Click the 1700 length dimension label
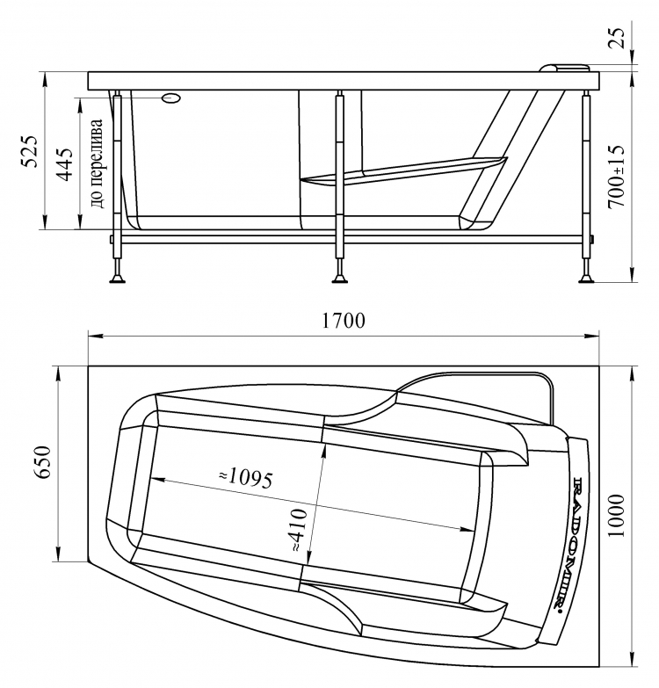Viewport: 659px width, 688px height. [x=344, y=321]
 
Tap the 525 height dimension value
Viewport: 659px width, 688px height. [x=30, y=151]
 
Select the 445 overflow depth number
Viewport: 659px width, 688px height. [x=65, y=164]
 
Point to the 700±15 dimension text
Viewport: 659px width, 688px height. [x=615, y=176]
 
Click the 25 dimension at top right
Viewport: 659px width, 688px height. [x=617, y=38]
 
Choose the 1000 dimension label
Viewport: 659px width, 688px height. [x=616, y=516]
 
